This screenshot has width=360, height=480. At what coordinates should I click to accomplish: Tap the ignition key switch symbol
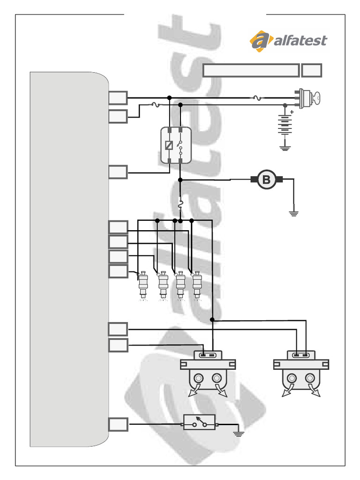307,98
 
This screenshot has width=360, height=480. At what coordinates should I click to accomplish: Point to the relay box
176,145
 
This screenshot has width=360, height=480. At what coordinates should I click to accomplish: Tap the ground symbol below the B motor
294,214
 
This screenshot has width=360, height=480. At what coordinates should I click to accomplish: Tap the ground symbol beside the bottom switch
239,432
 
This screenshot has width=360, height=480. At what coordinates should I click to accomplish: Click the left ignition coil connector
207,356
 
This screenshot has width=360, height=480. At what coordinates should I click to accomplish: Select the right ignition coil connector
300,356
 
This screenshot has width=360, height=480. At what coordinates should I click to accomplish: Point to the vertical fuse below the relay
180,205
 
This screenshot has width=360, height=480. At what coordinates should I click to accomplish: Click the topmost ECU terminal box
118,98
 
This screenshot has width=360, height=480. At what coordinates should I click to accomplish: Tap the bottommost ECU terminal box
118,425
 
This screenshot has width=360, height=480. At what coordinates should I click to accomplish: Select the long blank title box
251,70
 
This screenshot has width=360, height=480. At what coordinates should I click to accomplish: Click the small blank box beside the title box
312,70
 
